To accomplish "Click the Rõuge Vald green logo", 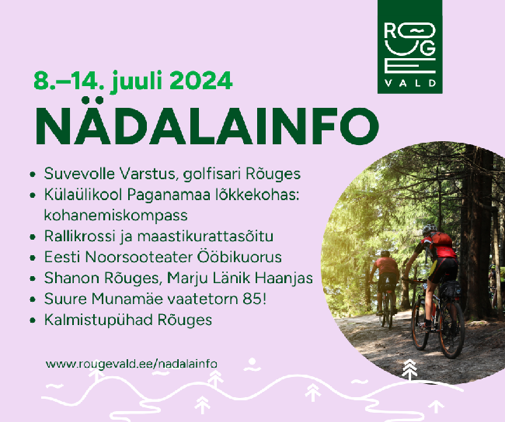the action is point(409,47).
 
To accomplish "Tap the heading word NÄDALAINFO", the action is point(207,123).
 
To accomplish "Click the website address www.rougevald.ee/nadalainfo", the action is point(131,364).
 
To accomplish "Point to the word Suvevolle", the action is point(79,174).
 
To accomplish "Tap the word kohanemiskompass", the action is point(116,216).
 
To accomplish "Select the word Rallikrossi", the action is point(79,236).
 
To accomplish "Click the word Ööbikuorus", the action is point(239,257).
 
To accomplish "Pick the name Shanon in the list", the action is point(71,278).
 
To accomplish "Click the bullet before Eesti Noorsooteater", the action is point(32,258).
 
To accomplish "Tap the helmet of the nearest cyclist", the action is point(430,229).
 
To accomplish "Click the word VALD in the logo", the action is point(410,83).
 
